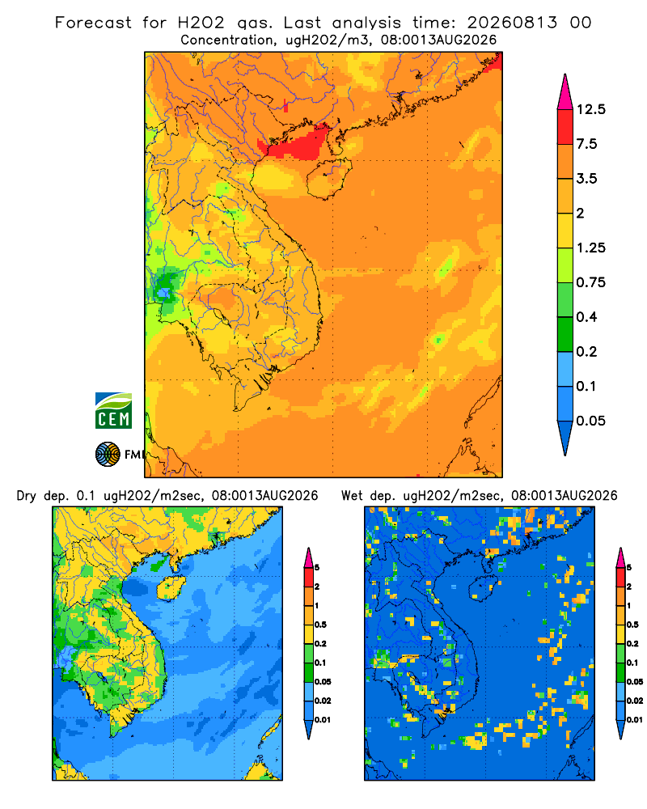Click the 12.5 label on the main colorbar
point(590,109)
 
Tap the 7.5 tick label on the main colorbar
point(586,144)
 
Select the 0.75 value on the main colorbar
point(590,282)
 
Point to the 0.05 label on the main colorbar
point(590,421)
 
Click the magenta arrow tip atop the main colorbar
point(565,92)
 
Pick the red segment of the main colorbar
point(565,127)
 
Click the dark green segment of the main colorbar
point(565,334)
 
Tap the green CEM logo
point(113,411)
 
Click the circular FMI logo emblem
point(108,455)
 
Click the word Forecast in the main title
point(93,23)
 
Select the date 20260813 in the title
point(512,23)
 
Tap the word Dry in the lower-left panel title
point(27,496)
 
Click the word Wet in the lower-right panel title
point(353,496)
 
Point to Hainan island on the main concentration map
point(329,179)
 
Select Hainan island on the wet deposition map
point(483,587)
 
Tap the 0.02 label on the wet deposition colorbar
point(634,701)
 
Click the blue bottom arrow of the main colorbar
point(565,436)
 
